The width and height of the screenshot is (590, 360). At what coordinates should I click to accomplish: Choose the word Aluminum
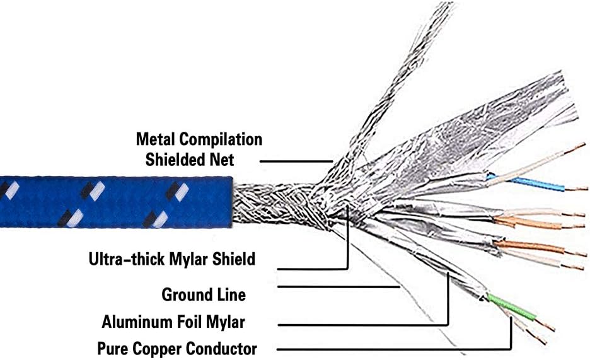tap(135, 322)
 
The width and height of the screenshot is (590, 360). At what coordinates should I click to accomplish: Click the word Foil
tap(190, 322)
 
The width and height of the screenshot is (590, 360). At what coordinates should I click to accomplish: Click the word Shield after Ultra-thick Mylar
tap(232, 258)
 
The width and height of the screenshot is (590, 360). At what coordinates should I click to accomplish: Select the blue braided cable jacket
tap(113, 202)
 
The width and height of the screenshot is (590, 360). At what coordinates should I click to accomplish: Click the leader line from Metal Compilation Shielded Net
tap(296, 161)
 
